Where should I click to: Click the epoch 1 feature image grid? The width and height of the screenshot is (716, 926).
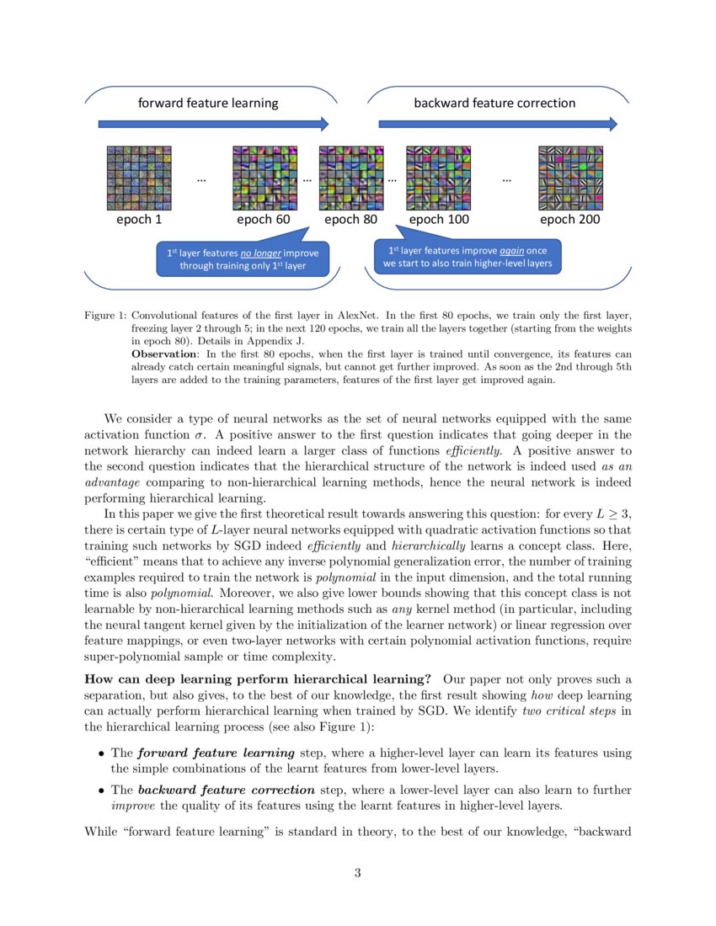(x=139, y=178)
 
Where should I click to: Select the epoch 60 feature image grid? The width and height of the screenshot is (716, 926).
(x=264, y=178)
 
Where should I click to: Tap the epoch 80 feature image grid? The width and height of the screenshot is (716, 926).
(x=350, y=178)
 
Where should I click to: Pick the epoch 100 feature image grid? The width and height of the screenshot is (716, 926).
(x=438, y=178)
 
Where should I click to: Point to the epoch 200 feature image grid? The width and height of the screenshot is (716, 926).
(x=570, y=178)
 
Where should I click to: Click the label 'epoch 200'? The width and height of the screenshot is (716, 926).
(x=570, y=220)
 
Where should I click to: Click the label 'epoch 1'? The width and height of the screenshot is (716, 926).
(x=139, y=220)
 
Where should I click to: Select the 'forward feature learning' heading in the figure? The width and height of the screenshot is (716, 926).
(x=208, y=104)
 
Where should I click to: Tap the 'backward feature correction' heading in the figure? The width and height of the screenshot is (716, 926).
(x=494, y=104)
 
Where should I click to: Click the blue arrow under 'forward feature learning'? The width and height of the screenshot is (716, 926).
(x=213, y=125)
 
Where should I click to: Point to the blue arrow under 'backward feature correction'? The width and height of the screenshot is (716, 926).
(x=497, y=125)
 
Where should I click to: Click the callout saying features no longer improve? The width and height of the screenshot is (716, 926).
(x=243, y=259)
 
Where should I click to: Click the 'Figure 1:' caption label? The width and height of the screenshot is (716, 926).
(x=104, y=315)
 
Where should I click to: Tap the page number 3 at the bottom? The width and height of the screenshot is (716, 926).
(x=358, y=873)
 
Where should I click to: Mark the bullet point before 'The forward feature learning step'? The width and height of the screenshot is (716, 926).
(x=102, y=753)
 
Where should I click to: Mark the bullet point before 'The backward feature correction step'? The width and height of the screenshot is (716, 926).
(x=102, y=791)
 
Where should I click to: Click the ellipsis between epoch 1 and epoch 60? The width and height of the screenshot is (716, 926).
(x=200, y=178)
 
